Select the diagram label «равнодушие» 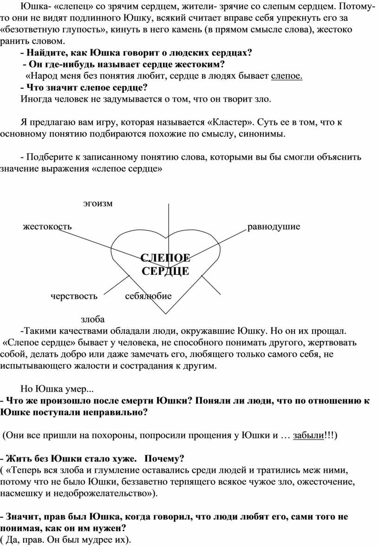click(274, 227)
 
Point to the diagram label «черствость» click(74, 296)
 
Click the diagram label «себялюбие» click(148, 296)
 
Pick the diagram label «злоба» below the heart click(92, 319)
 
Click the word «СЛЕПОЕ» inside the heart click(165, 259)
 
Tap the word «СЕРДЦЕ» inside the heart click(165, 271)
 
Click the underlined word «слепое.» click(287, 76)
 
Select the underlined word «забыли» click(308, 436)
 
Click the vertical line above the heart click(167, 218)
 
